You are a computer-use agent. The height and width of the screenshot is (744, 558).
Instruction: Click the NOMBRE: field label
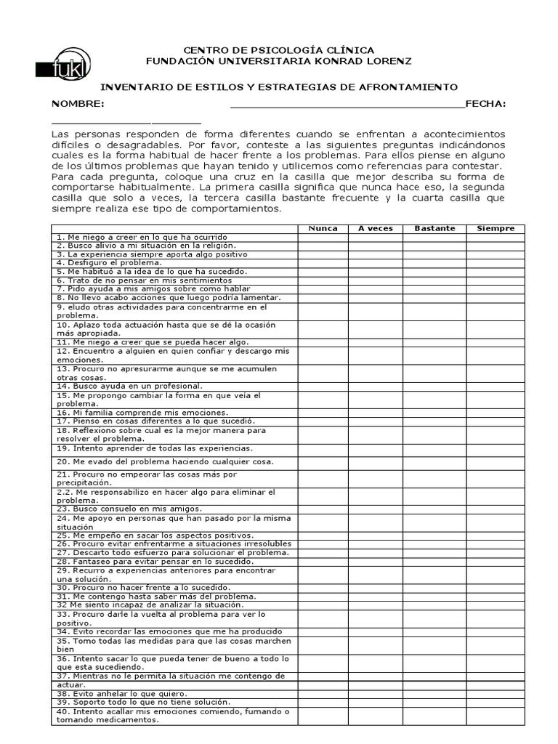pos(77,104)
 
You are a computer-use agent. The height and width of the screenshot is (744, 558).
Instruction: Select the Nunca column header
pos(323,228)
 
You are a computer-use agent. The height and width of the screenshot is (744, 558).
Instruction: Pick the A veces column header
pos(375,228)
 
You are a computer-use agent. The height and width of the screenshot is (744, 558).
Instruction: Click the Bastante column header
pos(434,228)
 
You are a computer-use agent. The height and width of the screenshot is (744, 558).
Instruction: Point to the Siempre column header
pos(496,228)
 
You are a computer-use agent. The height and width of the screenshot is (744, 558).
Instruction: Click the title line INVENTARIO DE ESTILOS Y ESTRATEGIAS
pos(278,86)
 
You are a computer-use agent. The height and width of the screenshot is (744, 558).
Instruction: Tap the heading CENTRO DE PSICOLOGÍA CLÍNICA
pos(279,49)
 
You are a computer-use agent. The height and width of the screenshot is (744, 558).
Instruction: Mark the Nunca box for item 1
pos(323,237)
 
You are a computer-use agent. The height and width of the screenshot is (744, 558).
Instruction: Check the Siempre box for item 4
pos(496,263)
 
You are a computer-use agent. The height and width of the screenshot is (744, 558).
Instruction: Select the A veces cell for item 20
pos(375,461)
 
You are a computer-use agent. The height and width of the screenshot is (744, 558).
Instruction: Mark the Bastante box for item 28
pos(434,561)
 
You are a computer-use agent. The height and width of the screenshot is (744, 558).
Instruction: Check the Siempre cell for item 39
pos(496,702)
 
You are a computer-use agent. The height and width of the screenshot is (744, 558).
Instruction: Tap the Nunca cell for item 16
pos(323,412)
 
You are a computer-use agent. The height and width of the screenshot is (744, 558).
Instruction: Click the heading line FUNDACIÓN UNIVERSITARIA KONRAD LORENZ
pos(279,60)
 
